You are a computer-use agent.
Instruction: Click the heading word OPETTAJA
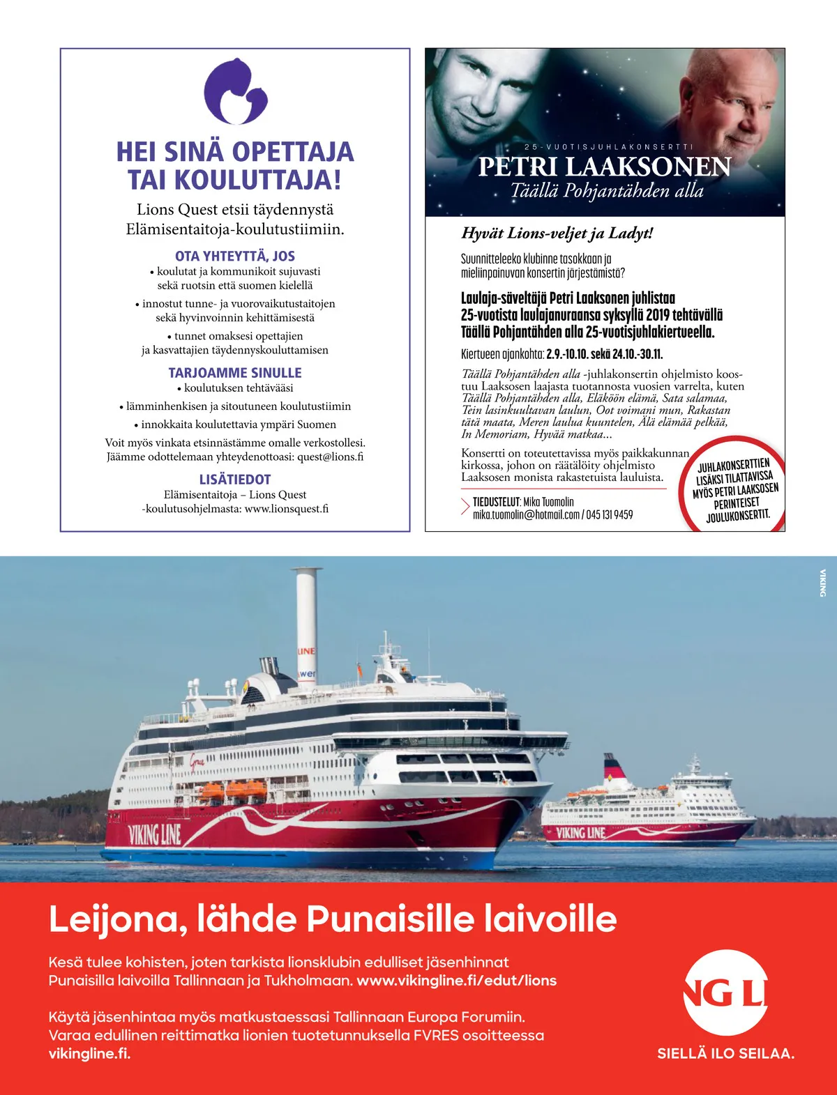coord(293,152)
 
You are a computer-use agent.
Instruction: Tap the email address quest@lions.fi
coord(330,457)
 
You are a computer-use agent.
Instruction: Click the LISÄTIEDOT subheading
coord(235,480)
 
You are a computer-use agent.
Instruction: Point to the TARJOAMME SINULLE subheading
coord(235,373)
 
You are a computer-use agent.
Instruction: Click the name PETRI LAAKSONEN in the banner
coord(604,167)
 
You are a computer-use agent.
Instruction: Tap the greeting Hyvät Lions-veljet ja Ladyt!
coord(557,233)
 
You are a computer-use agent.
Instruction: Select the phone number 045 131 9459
coord(610,515)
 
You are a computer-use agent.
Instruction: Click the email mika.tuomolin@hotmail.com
coord(526,515)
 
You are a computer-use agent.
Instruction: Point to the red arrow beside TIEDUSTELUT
coord(465,507)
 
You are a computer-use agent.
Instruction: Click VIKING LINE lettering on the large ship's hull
coord(154,834)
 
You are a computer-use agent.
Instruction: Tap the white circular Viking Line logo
coord(725,993)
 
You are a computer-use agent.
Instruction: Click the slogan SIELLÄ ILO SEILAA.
coord(725,1054)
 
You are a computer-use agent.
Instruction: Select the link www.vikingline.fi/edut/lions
coord(456,981)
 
